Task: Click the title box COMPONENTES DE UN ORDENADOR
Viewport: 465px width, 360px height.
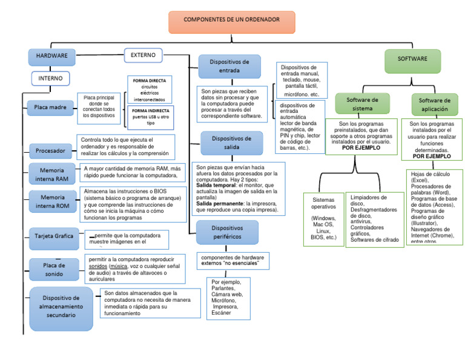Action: coord(232,21)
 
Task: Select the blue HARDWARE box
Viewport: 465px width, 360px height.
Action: coord(51,57)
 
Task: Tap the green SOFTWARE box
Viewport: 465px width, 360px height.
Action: coord(412,59)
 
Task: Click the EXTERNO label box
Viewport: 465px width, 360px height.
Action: coord(143,55)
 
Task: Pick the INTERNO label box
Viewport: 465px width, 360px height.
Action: coord(51,79)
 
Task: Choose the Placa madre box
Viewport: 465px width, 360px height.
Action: coord(49,108)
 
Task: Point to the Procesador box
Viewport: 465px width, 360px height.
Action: coord(50,150)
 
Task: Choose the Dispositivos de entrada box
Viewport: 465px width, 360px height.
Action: coord(229,66)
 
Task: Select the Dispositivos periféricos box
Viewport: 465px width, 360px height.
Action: coord(227,232)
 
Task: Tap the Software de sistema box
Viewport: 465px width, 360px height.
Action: coord(362,104)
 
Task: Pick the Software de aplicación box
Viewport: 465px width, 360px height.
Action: coord(434,104)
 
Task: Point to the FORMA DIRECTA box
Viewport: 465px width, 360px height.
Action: coord(150,90)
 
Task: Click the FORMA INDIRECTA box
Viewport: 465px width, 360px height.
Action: coord(150,116)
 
